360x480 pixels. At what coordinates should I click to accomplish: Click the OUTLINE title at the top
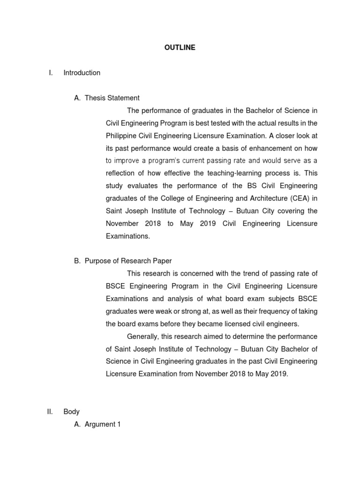click(180, 47)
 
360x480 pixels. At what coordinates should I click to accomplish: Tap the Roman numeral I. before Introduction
click(51, 73)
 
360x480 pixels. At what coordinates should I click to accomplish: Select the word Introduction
click(82, 73)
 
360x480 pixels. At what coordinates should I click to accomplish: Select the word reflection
click(121, 173)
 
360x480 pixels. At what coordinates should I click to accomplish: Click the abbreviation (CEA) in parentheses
click(291, 199)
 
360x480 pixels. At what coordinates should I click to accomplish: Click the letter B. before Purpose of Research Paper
click(77, 261)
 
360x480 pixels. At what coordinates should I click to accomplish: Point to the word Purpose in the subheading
click(97, 261)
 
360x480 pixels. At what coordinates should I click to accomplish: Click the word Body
click(72, 412)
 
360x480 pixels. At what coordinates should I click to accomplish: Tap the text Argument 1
click(103, 424)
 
